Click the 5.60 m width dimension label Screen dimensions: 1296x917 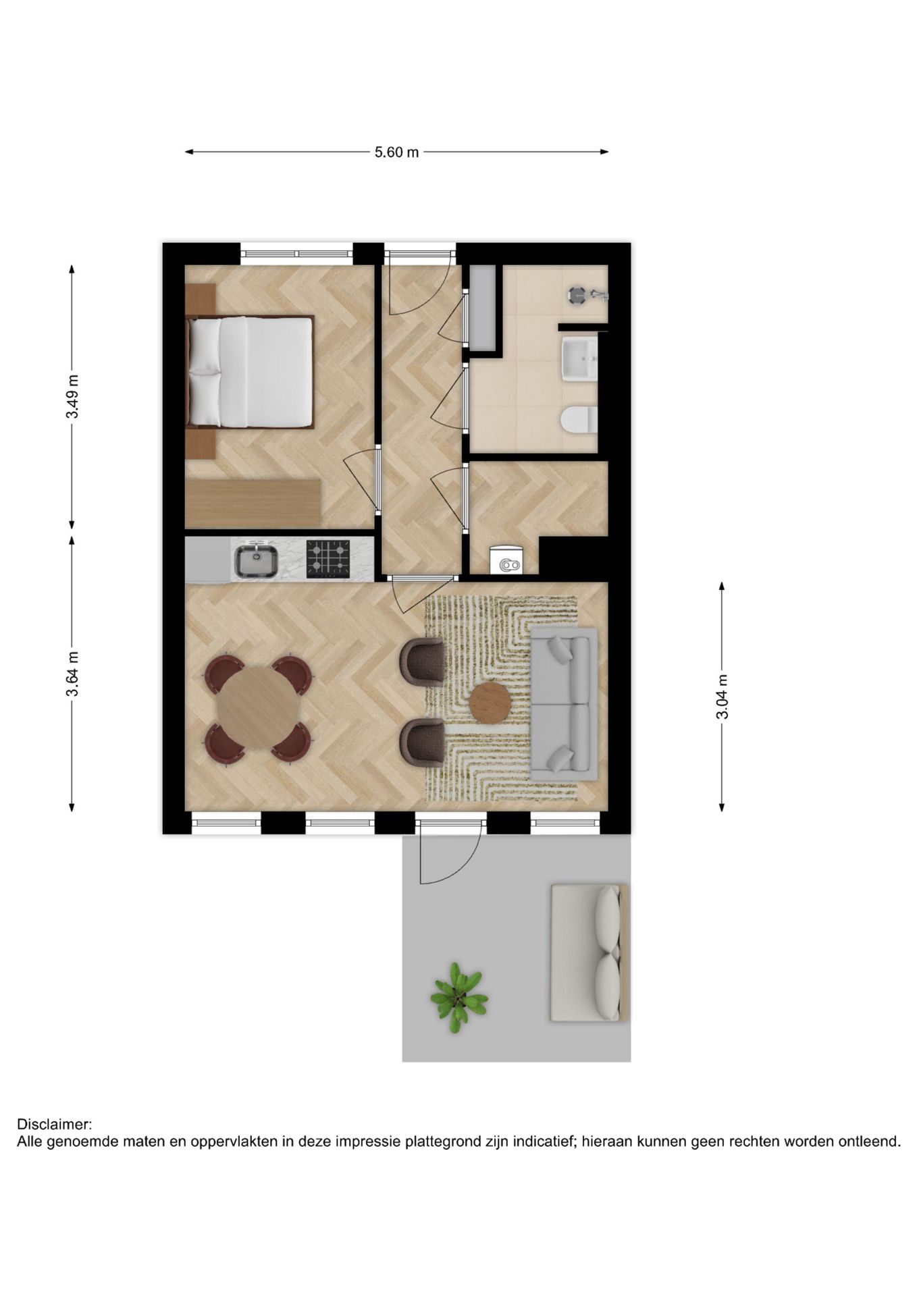[x=397, y=153]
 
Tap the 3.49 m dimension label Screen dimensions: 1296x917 [x=72, y=396]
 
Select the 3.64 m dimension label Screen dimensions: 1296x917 [x=72, y=674]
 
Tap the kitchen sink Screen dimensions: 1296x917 [x=256, y=561]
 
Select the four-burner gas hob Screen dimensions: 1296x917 [x=328, y=559]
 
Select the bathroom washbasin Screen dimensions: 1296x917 [x=579, y=359]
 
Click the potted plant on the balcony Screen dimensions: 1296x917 [x=459, y=996]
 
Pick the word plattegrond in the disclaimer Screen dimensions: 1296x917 [x=442, y=1142]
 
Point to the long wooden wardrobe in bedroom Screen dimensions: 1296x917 [x=253, y=504]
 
